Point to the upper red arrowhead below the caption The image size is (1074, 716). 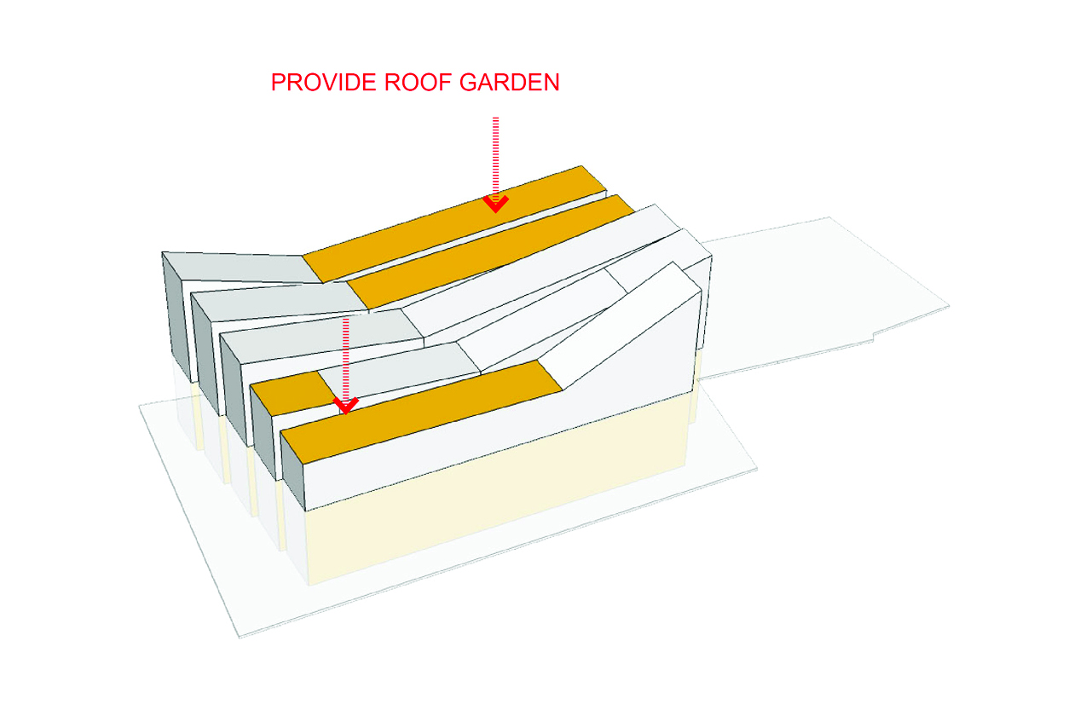click(495, 203)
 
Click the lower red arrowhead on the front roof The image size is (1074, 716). click(344, 405)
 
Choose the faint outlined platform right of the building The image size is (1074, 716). click(818, 298)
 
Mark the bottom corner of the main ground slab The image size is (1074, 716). click(241, 637)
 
